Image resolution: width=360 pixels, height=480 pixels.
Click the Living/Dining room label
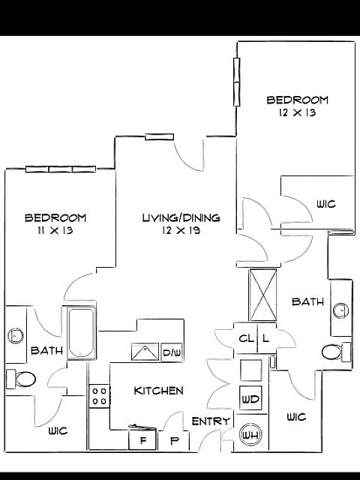tap(181, 217)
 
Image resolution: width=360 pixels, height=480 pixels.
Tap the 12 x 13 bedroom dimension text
tap(297, 112)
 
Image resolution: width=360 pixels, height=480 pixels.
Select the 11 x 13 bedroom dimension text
tap(55, 230)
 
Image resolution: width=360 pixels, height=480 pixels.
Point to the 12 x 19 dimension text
tap(181, 230)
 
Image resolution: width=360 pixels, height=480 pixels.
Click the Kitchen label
tap(159, 391)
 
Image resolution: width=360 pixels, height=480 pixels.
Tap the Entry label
tap(211, 421)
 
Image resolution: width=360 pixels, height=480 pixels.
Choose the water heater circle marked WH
tap(250, 435)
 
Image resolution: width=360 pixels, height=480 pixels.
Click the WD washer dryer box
tap(250, 398)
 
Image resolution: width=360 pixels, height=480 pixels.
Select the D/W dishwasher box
tap(172, 352)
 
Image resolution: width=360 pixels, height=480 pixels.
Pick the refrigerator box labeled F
tap(142, 440)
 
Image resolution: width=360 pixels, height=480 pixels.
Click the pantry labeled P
tap(174, 440)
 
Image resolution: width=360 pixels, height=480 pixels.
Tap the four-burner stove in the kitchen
tap(99, 396)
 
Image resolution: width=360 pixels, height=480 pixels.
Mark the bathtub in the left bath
tap(81, 333)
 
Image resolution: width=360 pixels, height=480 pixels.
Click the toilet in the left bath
tap(21, 379)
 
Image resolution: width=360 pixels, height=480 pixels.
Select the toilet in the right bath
tap(336, 352)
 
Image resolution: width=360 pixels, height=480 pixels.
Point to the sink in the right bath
tap(340, 310)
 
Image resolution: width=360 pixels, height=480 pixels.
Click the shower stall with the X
tap(263, 295)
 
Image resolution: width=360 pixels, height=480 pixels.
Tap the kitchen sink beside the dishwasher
tap(145, 352)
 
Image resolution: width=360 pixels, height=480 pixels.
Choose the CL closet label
tap(246, 338)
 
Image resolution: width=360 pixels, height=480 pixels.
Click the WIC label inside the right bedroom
tap(326, 204)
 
